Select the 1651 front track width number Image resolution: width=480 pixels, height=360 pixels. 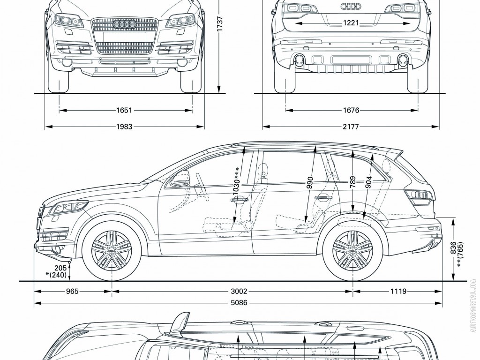pos(125,111)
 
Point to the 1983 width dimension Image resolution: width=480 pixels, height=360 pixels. pos(125,126)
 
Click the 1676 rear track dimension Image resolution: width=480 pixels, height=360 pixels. pos(351,111)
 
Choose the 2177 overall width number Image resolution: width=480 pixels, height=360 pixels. pos(351,126)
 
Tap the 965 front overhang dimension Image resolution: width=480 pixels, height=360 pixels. pos(72,291)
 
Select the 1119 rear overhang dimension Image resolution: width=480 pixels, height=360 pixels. pos(397,291)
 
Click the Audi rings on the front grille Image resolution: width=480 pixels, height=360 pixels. pos(125,24)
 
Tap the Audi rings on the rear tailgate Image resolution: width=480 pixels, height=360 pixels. pos(350,7)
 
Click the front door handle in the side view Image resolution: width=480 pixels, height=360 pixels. pos(239,200)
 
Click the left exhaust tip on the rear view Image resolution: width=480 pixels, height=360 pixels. pos(298,60)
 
